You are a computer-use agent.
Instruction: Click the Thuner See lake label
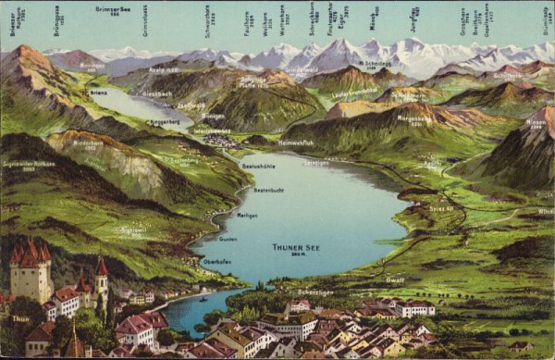coord(295,247)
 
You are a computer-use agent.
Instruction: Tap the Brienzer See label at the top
coord(114,11)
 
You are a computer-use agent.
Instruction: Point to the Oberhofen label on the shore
coord(216,262)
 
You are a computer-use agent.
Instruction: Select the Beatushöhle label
coord(259,167)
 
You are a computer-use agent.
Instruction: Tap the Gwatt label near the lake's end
coord(395,279)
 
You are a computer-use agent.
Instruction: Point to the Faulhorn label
coord(248,23)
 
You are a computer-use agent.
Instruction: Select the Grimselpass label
coord(145,25)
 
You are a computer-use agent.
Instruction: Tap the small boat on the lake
coord(203,298)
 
